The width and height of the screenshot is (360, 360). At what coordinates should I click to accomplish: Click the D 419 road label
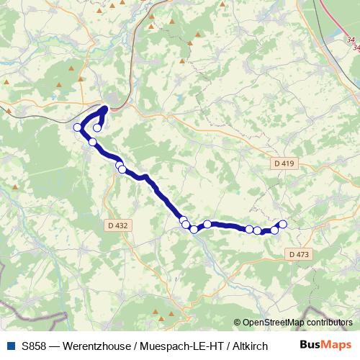[x=285, y=163]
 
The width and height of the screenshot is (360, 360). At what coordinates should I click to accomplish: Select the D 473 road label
[x=298, y=254]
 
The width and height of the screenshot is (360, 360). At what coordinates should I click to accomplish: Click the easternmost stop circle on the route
[x=282, y=224]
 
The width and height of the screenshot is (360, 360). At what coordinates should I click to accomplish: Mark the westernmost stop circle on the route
[x=78, y=127]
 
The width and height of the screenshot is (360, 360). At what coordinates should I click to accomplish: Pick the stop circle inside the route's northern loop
[x=97, y=127]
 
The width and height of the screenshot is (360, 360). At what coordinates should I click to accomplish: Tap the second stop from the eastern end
[x=274, y=230]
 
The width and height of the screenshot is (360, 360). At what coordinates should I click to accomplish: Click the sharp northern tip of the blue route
[x=106, y=109]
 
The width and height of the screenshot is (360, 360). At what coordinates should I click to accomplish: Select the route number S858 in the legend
[x=35, y=345]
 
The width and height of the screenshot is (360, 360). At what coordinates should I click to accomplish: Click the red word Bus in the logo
[x=310, y=345]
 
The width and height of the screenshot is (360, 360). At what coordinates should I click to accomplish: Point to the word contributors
[x=328, y=323]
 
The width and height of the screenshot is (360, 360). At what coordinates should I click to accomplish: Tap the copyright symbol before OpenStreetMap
[x=238, y=323]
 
